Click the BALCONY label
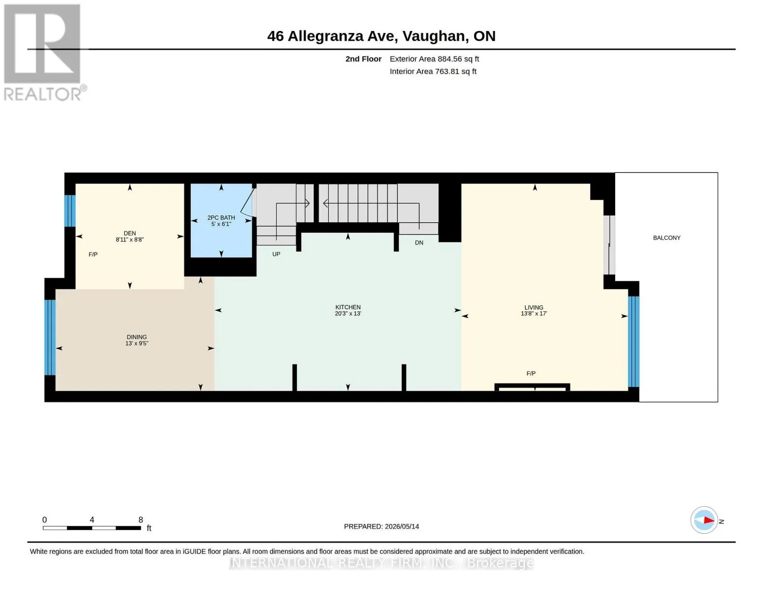pyautogui.click(x=666, y=238)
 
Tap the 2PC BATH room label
pyautogui.click(x=221, y=218)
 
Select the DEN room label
pyautogui.click(x=130, y=234)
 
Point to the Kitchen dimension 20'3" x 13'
pyautogui.click(x=348, y=314)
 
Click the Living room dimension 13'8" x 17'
pyautogui.click(x=534, y=314)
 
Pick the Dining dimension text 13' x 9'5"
pyautogui.click(x=137, y=343)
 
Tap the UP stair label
pyautogui.click(x=276, y=254)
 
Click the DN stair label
pyautogui.click(x=419, y=243)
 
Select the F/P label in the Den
pyautogui.click(x=93, y=254)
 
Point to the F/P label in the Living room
pyautogui.click(x=531, y=374)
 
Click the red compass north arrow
pyautogui.click(x=708, y=520)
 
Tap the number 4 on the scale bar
pyautogui.click(x=92, y=520)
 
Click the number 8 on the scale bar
pyautogui.click(x=141, y=520)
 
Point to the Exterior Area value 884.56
pyautogui.click(x=450, y=59)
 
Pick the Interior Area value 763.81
pyautogui.click(x=447, y=71)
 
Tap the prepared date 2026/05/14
pyautogui.click(x=402, y=527)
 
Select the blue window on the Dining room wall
pyautogui.click(x=50, y=337)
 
